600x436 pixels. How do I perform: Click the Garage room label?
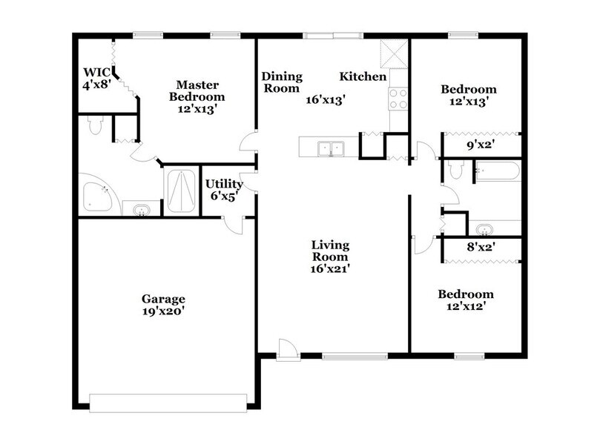163,299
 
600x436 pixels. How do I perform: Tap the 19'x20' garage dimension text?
163,312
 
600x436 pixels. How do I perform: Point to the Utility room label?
224,184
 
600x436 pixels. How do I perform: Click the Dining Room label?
281,82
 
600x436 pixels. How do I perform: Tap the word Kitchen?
363,76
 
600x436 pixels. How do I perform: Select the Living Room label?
330,251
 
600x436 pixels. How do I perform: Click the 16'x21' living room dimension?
330,269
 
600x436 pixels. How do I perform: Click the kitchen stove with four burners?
398,99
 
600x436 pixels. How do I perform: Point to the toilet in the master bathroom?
94,127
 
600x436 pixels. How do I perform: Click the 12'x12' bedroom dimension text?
464,305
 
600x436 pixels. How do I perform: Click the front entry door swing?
286,349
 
